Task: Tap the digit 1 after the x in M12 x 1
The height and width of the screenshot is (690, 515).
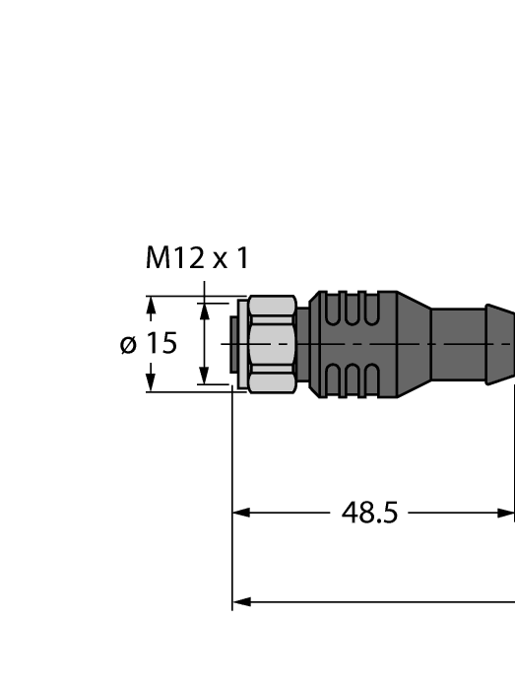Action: (241, 259)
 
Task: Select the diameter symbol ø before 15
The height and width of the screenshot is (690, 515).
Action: (127, 344)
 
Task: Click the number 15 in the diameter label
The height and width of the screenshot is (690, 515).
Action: (161, 344)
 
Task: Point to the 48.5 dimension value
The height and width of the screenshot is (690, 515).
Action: (369, 514)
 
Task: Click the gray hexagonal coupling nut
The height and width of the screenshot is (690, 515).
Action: (272, 344)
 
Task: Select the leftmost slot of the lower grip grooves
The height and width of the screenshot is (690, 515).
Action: (332, 380)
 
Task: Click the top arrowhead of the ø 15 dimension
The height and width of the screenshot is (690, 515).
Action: (151, 306)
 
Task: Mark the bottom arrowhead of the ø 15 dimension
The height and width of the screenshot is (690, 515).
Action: (151, 382)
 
